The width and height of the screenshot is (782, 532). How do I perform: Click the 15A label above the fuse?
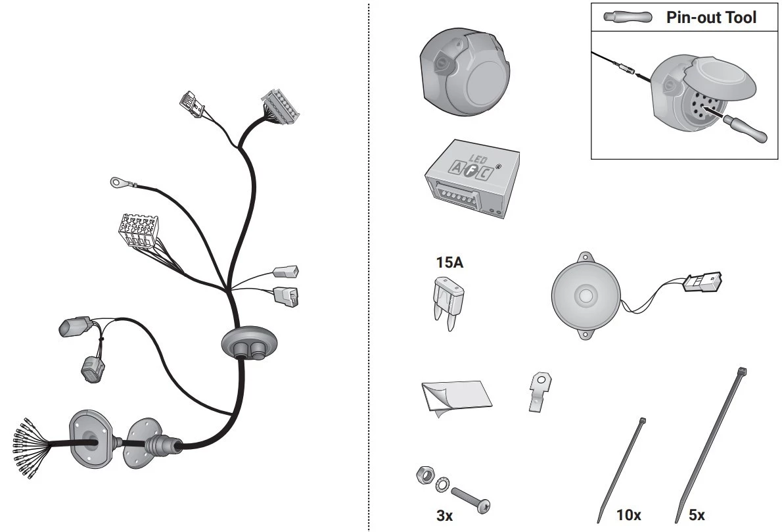pos(449,262)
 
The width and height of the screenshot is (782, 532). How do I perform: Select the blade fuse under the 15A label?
pos(449,303)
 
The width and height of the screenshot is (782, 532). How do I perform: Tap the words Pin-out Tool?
pos(711,18)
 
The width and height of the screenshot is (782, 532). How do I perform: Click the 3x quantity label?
pos(444,516)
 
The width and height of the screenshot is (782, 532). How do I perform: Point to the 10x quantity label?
pos(629,514)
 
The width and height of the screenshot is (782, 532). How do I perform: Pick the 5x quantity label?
pos(697,514)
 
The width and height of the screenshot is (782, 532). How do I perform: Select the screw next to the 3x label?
pos(471,500)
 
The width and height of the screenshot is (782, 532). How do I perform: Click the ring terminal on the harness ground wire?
pos(119,182)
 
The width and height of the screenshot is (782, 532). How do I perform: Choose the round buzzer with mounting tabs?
pos(586,295)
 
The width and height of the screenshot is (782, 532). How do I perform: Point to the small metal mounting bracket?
pos(539,391)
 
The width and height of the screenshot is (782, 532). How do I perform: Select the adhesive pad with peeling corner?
pos(456,397)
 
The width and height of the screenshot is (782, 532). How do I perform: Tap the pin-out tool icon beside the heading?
pos(628,17)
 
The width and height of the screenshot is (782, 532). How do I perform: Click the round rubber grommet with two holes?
pos(249,343)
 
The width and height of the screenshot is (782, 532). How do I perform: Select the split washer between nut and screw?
pos(442,484)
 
